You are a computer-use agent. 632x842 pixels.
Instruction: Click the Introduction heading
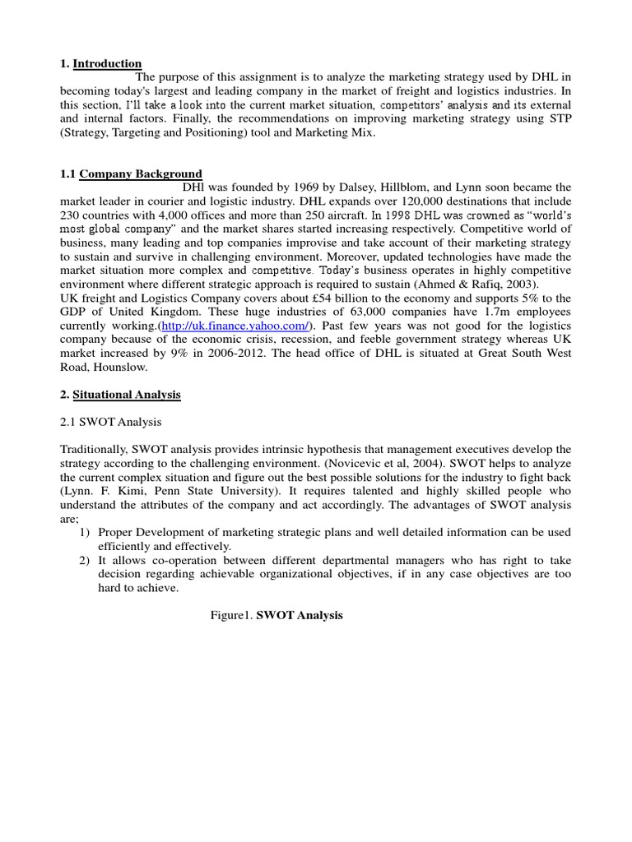[107, 63]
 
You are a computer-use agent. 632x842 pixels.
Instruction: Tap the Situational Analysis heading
[127, 395]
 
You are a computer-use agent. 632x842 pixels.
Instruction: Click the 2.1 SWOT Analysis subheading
[111, 422]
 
